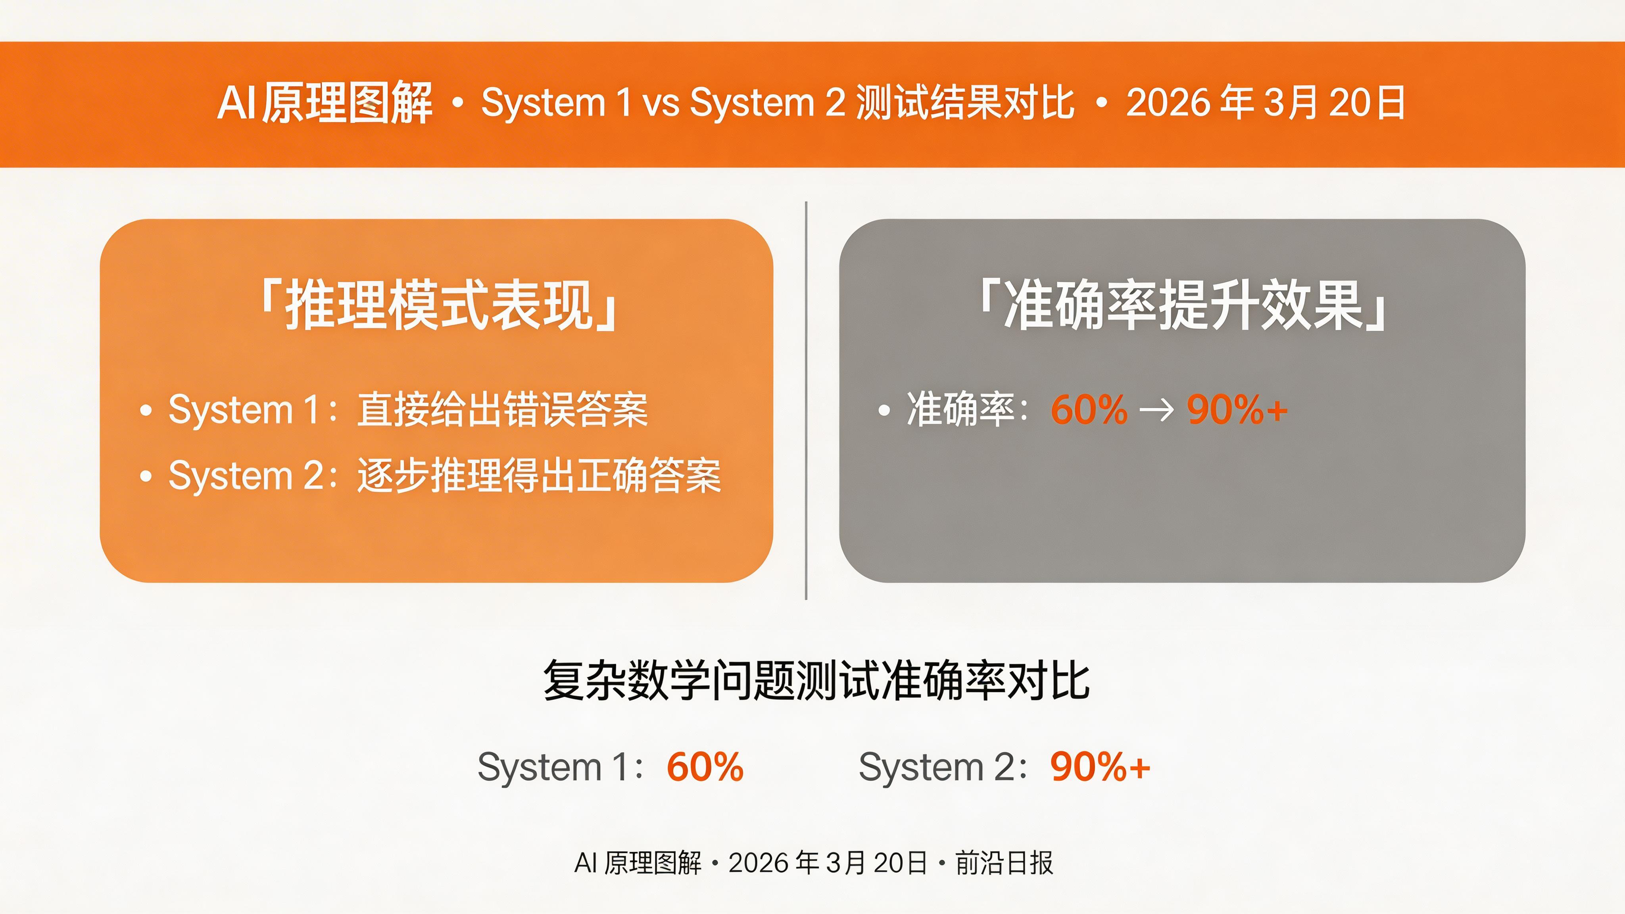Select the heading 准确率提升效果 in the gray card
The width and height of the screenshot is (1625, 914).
(x=1182, y=305)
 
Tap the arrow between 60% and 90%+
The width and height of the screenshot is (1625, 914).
(x=1157, y=411)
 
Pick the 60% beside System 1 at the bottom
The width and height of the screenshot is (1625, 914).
(x=705, y=767)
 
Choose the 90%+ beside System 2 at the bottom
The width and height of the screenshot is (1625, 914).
(x=1099, y=767)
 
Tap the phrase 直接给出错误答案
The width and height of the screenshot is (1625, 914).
(x=502, y=410)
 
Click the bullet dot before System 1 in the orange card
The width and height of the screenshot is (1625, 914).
(x=146, y=411)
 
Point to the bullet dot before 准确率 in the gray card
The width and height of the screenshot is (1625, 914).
(x=884, y=411)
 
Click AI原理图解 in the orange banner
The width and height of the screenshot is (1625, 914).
(x=325, y=103)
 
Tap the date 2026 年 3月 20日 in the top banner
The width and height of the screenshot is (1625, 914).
(x=1266, y=103)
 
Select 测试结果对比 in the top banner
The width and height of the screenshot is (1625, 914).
(x=965, y=103)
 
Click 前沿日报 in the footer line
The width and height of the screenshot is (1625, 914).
(x=1004, y=863)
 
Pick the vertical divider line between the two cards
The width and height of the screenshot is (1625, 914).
(x=806, y=401)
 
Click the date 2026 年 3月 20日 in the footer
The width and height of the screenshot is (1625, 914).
(x=828, y=863)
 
